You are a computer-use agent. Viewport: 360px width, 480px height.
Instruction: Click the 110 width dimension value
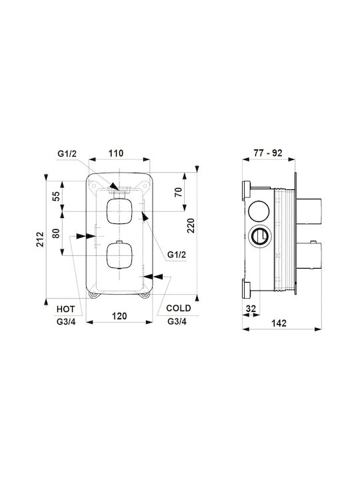[x=116, y=153]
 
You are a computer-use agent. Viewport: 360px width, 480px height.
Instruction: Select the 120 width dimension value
[x=119, y=316]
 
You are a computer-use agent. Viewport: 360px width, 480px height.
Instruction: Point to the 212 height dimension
[x=40, y=239]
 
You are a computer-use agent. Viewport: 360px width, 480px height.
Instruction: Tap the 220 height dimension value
[x=191, y=225]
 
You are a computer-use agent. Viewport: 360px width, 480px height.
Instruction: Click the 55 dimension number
[x=56, y=196]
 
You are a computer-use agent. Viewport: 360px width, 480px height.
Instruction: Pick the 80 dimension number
[x=56, y=233]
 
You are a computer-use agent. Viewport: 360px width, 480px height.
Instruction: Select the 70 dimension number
[x=179, y=192]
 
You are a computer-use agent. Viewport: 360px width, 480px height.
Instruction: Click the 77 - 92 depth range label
[x=268, y=153]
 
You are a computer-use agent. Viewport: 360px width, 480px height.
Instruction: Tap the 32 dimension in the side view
[x=251, y=309]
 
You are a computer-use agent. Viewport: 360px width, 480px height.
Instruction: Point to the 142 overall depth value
[x=279, y=323]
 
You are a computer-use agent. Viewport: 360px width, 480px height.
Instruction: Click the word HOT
[x=65, y=309]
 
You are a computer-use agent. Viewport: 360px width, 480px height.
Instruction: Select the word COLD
[x=179, y=308]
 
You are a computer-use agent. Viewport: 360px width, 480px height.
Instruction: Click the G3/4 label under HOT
[x=66, y=322]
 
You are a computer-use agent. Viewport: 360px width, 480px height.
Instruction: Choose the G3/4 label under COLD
[x=177, y=321]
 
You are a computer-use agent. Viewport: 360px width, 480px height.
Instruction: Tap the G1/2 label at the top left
[x=67, y=154]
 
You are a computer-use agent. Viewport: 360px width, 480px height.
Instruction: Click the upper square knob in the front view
[x=119, y=211]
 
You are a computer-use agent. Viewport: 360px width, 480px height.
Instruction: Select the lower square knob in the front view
[x=119, y=255]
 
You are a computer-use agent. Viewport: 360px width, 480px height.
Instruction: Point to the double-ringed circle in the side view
[x=259, y=237]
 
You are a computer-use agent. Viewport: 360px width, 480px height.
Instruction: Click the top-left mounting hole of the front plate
[x=94, y=185]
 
